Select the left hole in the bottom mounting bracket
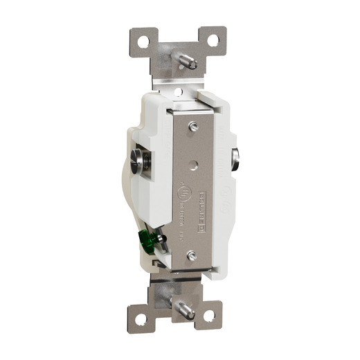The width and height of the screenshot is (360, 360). tap(141, 319)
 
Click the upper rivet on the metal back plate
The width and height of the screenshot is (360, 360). tap(194, 126)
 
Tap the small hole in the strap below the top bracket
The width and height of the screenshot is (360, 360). tap(178, 91)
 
